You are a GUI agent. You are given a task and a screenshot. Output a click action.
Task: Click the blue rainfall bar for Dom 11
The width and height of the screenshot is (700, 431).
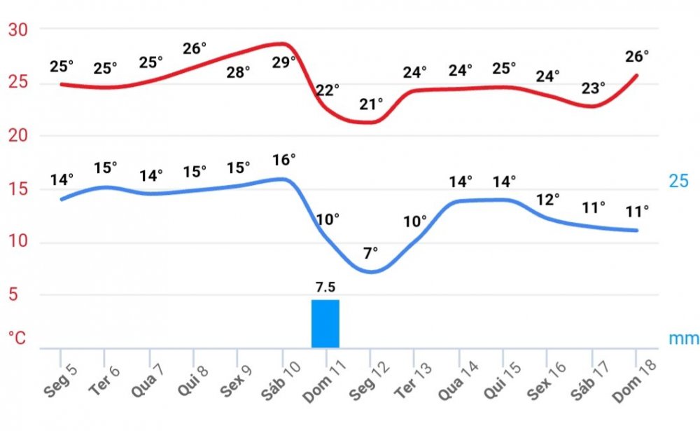[325, 324]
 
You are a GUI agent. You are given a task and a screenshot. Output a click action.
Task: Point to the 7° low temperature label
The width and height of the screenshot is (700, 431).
[370, 252]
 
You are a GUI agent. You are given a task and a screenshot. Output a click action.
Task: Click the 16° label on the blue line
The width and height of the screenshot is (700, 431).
[284, 160]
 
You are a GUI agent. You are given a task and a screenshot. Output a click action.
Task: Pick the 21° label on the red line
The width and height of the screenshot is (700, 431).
[372, 104]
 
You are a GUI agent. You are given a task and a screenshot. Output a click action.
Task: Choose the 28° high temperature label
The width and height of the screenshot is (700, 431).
[238, 71]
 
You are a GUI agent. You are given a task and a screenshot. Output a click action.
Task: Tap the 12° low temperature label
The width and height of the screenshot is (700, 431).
[548, 199]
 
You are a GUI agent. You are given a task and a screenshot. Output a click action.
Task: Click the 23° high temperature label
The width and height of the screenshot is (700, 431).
[594, 88]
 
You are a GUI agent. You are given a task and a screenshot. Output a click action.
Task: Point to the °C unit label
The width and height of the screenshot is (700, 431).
[17, 338]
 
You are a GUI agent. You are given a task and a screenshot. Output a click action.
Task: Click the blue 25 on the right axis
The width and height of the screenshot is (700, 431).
[679, 181]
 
